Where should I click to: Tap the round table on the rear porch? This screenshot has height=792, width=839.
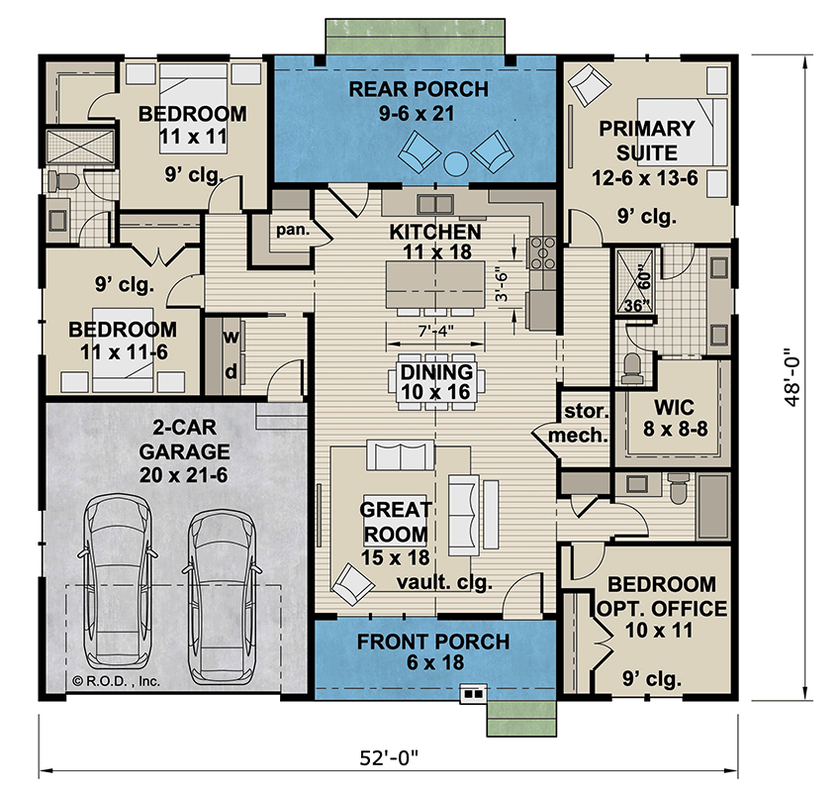456,163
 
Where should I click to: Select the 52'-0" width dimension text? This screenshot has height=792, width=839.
388,758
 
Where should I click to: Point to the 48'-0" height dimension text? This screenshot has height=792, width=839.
792,377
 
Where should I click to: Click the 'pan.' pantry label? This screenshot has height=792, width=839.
293,231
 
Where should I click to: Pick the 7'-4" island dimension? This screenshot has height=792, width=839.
435,332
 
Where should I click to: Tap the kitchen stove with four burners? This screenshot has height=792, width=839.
542,252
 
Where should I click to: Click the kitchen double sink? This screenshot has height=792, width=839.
435,205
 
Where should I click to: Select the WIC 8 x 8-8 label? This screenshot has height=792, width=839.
675,418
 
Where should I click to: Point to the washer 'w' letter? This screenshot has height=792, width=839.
231,337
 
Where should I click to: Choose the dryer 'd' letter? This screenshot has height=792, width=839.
231,371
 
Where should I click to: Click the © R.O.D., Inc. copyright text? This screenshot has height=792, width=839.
116,681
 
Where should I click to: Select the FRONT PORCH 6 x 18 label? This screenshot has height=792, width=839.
433,651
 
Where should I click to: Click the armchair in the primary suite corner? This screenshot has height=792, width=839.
589,84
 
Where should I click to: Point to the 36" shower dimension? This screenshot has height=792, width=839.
637,305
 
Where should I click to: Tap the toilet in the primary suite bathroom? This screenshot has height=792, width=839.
632,369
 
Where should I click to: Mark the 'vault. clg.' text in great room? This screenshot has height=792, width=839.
444,583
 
